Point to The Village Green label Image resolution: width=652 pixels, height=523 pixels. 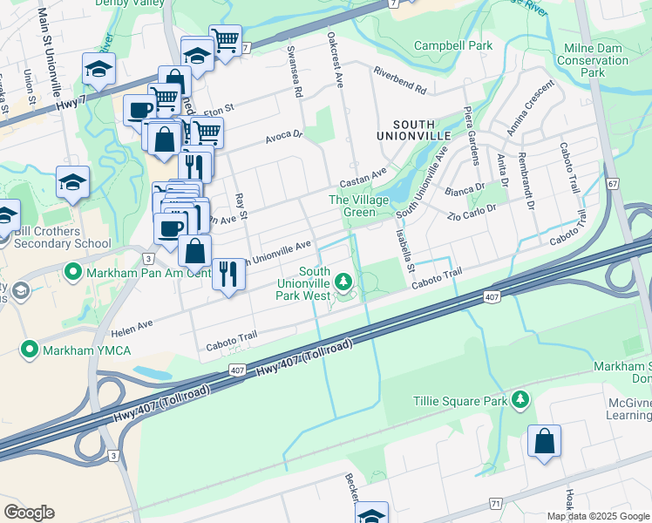coord(352,206)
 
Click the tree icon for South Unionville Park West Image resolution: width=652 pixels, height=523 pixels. coord(344,281)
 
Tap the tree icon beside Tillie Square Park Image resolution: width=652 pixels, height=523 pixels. coord(520,399)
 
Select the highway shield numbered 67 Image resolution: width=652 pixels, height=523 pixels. coord(614,184)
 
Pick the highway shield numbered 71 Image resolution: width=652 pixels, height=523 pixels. coord(496,504)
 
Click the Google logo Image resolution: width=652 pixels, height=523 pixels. coord(29,513)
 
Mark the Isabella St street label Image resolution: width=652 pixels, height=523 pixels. coord(404,245)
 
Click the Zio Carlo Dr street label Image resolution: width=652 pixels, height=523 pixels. coord(472,213)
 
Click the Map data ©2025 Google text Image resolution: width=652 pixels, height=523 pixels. coord(597,516)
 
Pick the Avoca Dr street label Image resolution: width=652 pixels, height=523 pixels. coord(283,135)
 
